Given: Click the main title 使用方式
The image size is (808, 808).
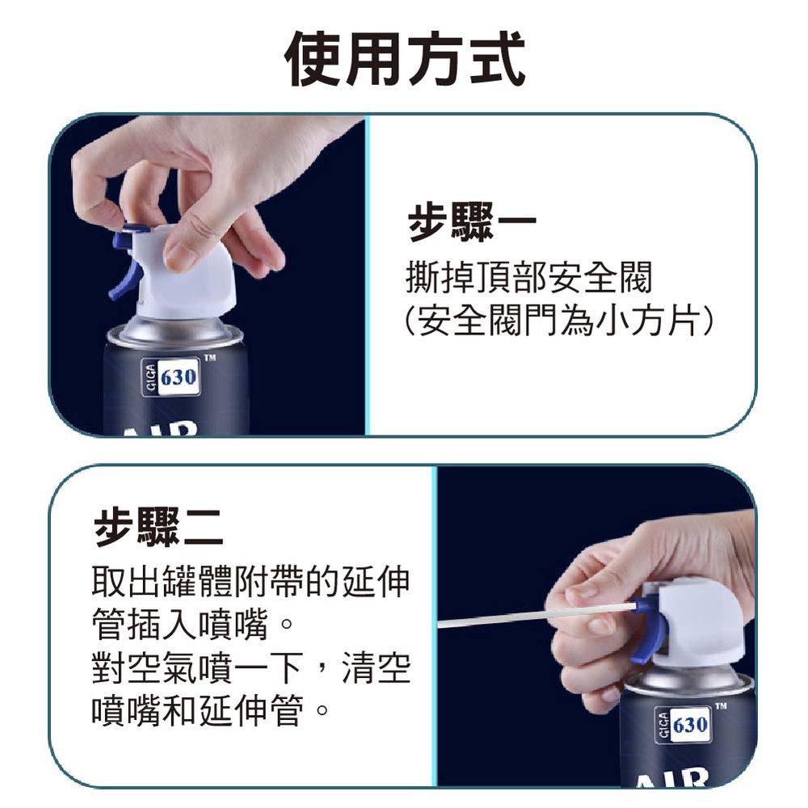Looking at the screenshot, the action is (405, 59).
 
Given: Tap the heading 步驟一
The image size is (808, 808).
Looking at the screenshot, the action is (472, 222).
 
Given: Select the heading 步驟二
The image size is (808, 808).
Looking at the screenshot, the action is (158, 526).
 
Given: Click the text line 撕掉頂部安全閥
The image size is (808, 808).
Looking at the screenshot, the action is (528, 277).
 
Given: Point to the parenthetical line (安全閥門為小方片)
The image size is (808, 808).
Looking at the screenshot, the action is (558, 320).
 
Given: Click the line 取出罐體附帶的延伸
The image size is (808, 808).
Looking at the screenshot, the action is (251, 581).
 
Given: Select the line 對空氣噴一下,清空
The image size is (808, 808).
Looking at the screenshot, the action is (251, 667).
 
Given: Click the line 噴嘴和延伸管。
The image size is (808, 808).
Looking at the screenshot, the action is (210, 710).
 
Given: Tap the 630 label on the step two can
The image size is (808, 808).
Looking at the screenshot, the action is (683, 725).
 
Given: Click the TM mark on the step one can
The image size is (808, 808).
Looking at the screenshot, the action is (210, 357).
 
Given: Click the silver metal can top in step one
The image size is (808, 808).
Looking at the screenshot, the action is (175, 331).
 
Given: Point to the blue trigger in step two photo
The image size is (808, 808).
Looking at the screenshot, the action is (645, 632).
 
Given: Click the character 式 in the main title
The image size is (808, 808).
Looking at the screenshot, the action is (497, 59).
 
